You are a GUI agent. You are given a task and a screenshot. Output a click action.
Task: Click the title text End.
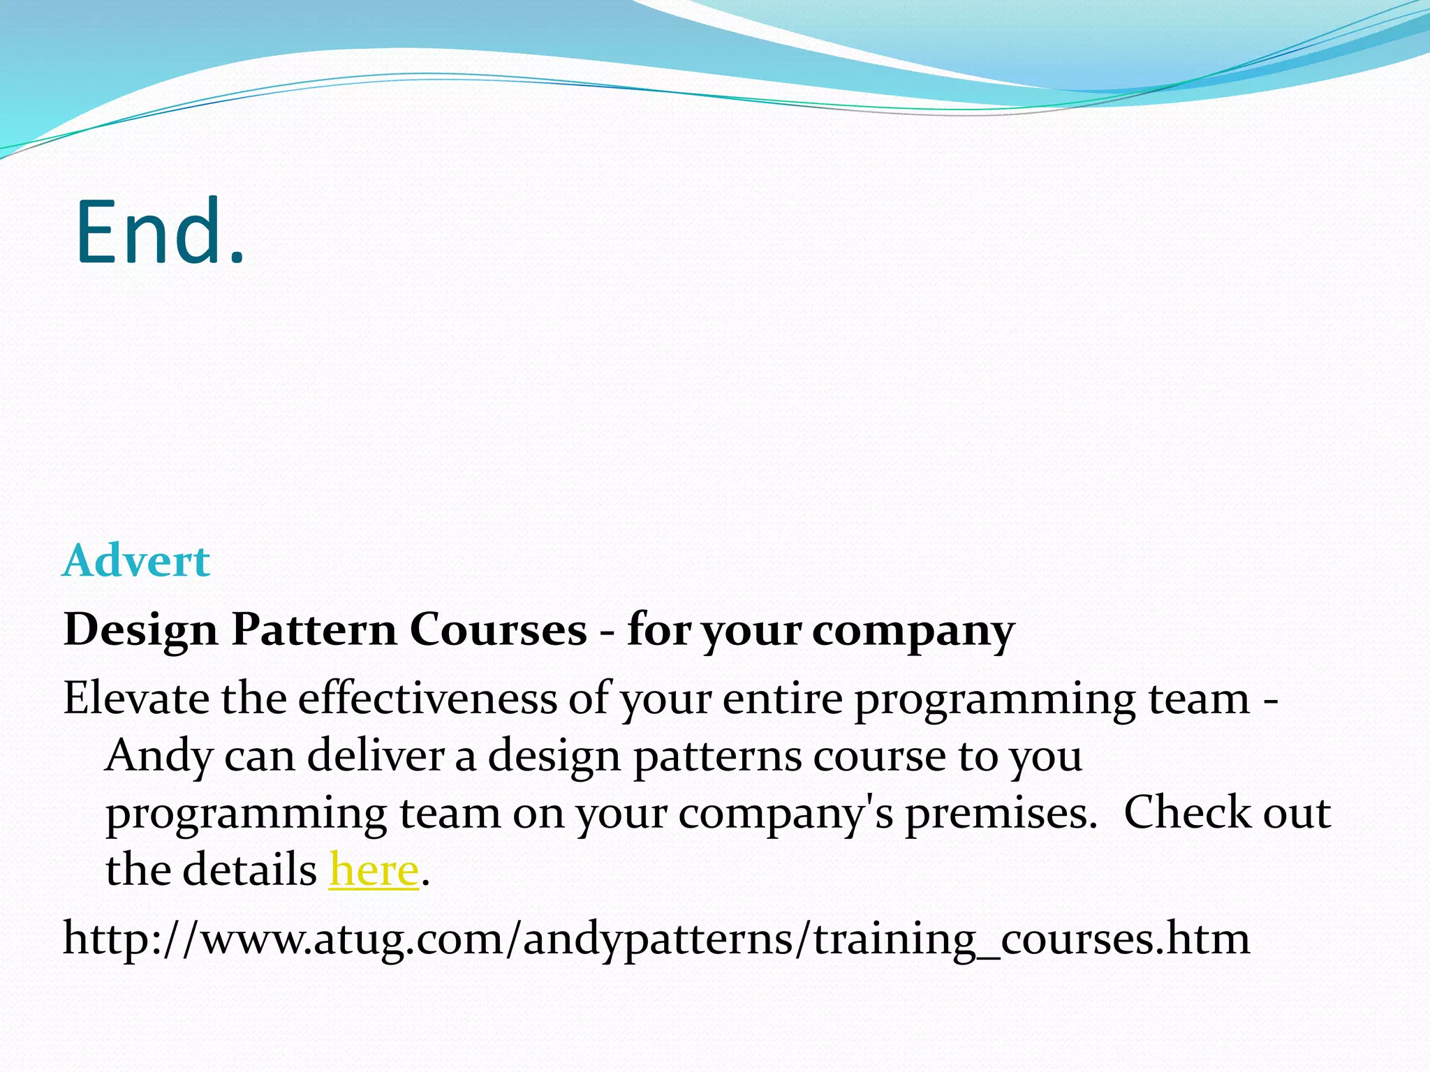160,232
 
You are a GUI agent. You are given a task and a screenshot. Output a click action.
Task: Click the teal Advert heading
136,560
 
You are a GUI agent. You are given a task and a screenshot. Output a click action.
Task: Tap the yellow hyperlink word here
374,870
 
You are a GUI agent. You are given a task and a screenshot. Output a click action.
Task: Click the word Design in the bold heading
141,630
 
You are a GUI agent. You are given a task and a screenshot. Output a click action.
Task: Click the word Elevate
135,698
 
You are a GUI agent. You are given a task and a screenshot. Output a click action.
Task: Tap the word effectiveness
427,698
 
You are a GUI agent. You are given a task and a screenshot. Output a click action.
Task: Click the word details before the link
249,870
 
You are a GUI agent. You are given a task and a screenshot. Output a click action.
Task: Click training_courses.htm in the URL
1032,939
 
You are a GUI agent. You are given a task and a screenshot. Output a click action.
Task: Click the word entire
782,698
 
